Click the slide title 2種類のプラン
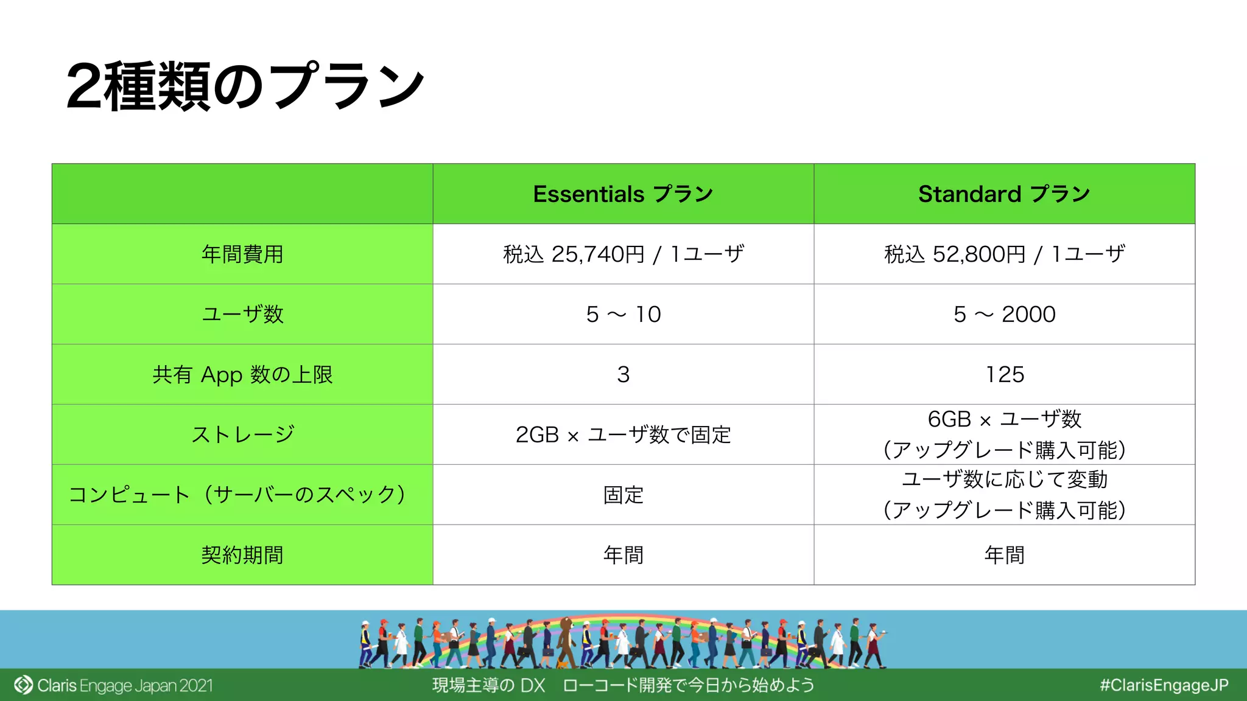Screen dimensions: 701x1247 click(x=245, y=86)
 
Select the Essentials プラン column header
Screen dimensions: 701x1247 click(x=623, y=194)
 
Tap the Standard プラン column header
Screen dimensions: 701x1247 click(x=1004, y=194)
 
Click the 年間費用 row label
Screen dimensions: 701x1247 click(x=242, y=254)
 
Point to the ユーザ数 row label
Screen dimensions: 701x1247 click(x=242, y=314)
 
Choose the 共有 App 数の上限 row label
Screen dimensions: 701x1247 click(x=242, y=374)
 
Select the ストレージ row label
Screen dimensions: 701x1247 click(x=242, y=434)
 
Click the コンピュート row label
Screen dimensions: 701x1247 click(x=237, y=495)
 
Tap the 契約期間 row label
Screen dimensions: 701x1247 click(x=242, y=555)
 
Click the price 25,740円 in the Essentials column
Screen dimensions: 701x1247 click(x=597, y=254)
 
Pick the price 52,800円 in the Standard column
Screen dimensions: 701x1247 click(x=978, y=254)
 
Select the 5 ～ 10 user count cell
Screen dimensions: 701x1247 click(x=623, y=315)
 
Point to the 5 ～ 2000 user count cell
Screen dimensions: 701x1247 click(x=1004, y=315)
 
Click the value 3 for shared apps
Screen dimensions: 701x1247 click(x=623, y=375)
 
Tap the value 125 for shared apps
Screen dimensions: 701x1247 click(x=1005, y=375)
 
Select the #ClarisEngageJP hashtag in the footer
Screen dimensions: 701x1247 click(x=1164, y=686)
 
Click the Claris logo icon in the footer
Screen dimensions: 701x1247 click(x=23, y=685)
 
